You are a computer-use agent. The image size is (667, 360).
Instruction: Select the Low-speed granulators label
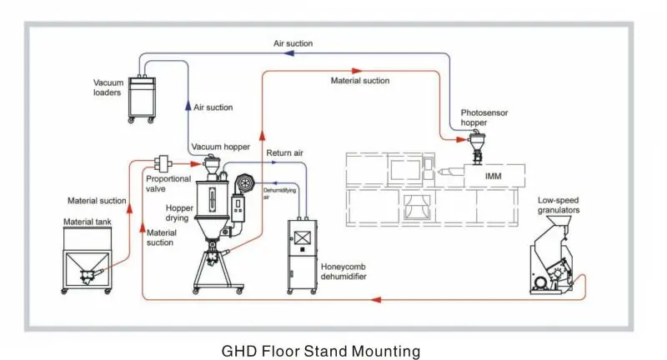559,205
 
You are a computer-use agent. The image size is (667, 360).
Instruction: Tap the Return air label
284,154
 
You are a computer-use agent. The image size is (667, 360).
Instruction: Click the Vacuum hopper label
220,147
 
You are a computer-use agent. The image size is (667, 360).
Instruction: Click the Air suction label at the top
293,42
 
